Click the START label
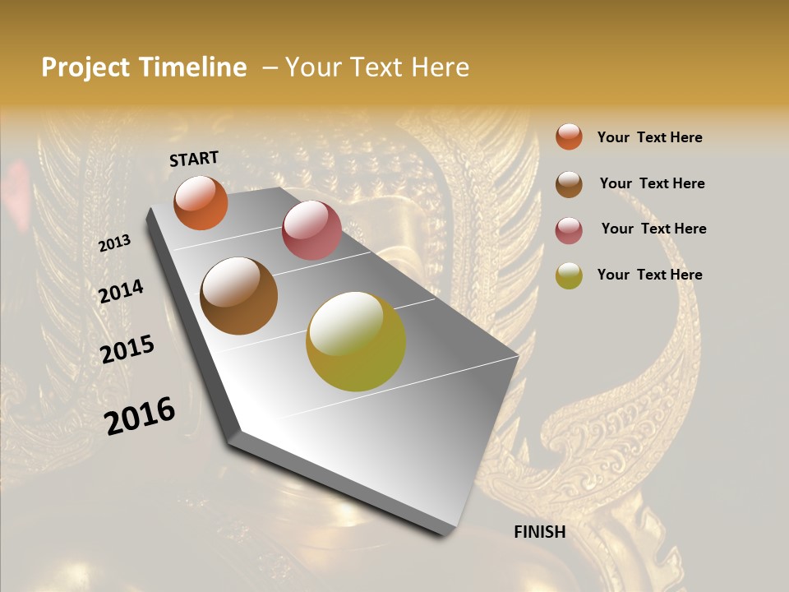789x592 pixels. (x=194, y=159)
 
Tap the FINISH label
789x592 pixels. (x=540, y=532)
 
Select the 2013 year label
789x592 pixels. (x=114, y=243)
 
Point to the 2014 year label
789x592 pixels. (x=121, y=292)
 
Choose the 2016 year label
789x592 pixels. (x=140, y=416)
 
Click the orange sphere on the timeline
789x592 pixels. (x=201, y=203)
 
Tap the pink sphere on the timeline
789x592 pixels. (x=311, y=230)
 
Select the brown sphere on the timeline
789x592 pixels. (x=239, y=296)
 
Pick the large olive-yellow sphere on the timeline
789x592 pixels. (x=356, y=341)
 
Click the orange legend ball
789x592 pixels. (x=569, y=136)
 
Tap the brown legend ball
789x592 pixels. (x=569, y=184)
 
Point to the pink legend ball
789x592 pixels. (x=569, y=230)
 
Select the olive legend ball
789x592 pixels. (x=569, y=275)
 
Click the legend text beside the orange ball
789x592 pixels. (x=649, y=137)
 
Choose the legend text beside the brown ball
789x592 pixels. (x=652, y=183)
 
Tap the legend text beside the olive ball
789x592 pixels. (x=649, y=275)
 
